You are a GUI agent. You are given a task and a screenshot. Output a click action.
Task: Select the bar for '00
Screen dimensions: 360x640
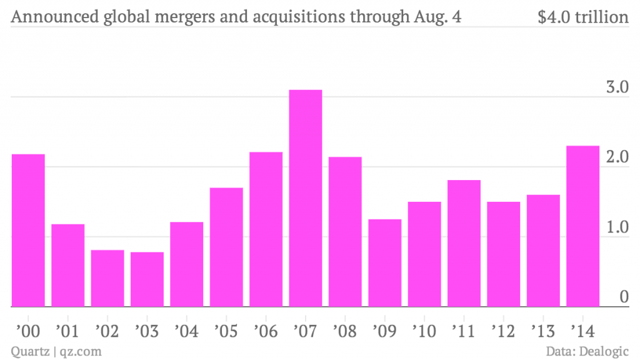(28, 231)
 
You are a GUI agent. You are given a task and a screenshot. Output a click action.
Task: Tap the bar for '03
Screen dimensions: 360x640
(147, 279)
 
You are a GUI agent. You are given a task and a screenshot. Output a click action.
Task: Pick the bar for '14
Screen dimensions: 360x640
(582, 226)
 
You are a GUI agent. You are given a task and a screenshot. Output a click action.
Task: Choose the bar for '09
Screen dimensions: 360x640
(384, 263)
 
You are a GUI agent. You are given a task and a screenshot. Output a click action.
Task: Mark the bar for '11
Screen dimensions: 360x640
(464, 244)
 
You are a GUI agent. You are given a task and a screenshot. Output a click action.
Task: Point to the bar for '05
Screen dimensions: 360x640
(226, 247)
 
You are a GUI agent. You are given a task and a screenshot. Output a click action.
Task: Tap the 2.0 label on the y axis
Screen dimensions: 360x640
(617, 157)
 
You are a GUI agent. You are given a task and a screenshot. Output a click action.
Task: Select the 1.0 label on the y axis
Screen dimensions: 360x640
(617, 227)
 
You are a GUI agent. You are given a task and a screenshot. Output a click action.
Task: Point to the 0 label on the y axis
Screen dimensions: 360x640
(624, 297)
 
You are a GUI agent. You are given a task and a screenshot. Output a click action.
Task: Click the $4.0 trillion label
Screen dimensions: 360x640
(582, 17)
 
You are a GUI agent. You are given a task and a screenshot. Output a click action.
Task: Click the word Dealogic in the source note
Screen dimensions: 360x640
(605, 351)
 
